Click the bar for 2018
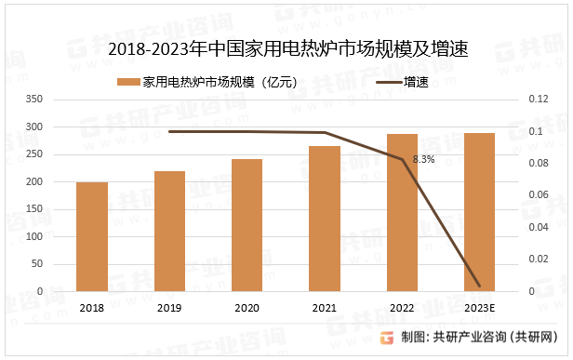(92, 236)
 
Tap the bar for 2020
(247, 225)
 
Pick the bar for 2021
(325, 219)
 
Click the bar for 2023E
(479, 212)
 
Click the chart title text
(287, 49)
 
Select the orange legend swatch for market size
(127, 83)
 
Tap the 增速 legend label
(416, 83)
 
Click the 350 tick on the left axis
(34, 100)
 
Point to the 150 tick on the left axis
(34, 209)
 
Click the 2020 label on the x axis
(247, 308)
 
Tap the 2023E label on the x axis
(479, 308)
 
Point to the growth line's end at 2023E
(479, 286)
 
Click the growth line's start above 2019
(169, 131)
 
